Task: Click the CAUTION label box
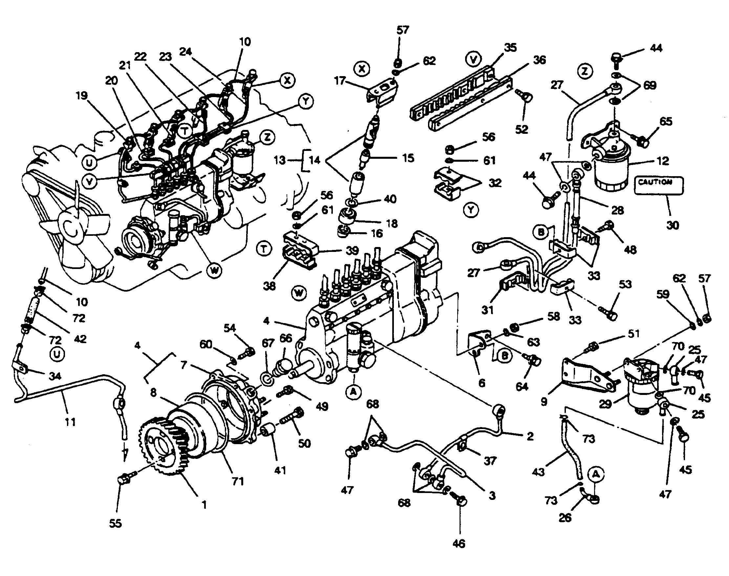point(659,185)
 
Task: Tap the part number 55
point(116,523)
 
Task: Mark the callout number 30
point(672,225)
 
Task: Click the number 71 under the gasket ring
point(238,481)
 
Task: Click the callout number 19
point(81,96)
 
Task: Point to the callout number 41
point(280,470)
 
